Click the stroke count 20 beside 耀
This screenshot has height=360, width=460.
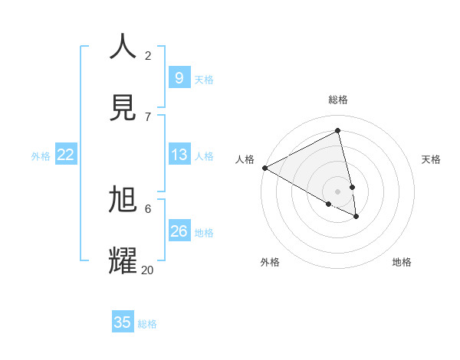(147, 269)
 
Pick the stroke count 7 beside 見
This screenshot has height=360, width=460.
(148, 116)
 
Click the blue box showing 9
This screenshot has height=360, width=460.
(179, 77)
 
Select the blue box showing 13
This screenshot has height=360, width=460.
(179, 155)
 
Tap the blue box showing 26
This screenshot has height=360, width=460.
(179, 231)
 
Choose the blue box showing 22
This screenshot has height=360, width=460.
(65, 155)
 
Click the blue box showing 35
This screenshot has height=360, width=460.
(123, 322)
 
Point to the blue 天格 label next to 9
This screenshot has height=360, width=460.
(203, 79)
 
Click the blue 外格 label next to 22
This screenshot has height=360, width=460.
(41, 156)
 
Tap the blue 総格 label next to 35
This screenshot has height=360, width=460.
(147, 324)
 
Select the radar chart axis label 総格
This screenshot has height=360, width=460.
(338, 100)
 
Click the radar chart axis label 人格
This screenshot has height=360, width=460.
(245, 159)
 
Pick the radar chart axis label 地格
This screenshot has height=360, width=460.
(402, 262)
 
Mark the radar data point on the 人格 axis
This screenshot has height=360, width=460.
(264, 168)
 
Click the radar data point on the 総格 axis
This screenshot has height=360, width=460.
(338, 131)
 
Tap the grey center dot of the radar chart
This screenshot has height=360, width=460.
(338, 191)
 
